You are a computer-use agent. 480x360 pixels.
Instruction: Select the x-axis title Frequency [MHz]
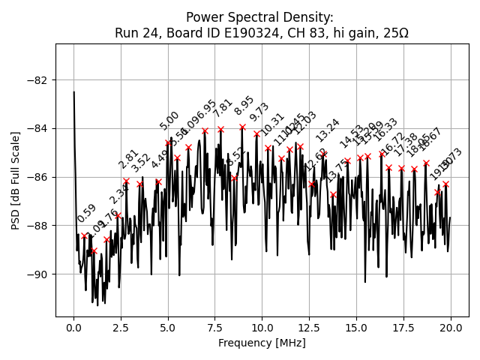(262, 343)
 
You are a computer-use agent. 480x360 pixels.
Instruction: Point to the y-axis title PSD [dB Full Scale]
(16, 180)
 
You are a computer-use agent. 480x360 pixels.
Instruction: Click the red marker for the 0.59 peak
(84, 236)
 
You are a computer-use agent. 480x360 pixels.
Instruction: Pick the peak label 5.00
(169, 121)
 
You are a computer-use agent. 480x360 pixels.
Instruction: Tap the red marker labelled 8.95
(242, 127)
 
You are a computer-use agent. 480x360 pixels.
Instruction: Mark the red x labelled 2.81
(126, 181)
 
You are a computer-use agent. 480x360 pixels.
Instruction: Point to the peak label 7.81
(223, 108)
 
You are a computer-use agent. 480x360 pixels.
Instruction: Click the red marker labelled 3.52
(139, 184)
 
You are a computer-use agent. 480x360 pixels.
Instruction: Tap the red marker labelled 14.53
(347, 160)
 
